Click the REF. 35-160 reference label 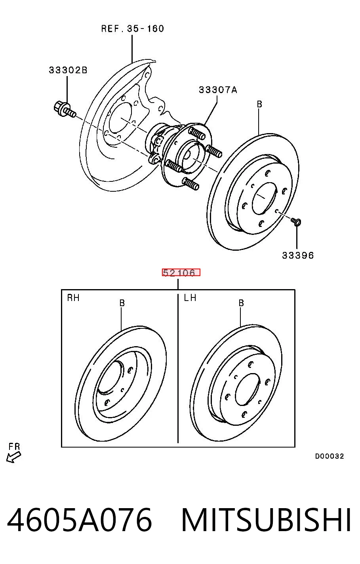click(132, 29)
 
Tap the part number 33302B click(68, 70)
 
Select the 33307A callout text click(218, 90)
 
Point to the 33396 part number click(298, 255)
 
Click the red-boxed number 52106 click(181, 272)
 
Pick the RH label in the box click(73, 298)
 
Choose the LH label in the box click(190, 298)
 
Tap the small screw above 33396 click(296, 222)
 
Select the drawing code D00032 click(329, 456)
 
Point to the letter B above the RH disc click(122, 303)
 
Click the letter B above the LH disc click(241, 303)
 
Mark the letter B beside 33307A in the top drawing click(259, 104)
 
